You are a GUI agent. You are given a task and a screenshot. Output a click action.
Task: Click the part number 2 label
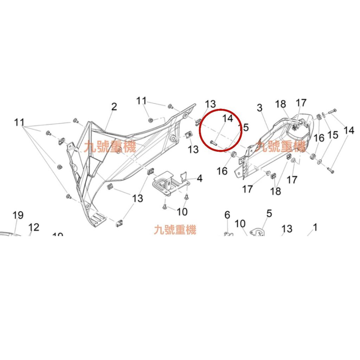click(114, 107)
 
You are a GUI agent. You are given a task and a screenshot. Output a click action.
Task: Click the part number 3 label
click(259, 108)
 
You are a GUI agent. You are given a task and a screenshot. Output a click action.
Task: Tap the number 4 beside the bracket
click(199, 178)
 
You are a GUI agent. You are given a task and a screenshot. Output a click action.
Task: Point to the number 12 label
click(34, 227)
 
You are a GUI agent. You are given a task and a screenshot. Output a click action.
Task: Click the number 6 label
click(227, 215)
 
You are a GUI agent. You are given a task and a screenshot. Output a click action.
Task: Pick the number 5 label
click(269, 213)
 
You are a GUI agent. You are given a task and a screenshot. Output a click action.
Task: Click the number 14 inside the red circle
click(228, 118)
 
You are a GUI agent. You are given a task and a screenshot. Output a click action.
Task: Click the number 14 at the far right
click(349, 130)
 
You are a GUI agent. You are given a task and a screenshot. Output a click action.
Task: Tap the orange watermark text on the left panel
click(110, 146)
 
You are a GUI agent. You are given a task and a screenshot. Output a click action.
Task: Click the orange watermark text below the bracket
click(175, 230)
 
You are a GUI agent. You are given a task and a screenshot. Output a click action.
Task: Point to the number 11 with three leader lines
click(20, 122)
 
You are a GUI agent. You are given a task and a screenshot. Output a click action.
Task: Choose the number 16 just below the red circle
click(222, 171)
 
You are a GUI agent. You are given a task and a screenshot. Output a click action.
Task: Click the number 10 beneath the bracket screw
click(182, 212)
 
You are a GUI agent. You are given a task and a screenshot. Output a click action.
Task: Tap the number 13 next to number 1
click(287, 229)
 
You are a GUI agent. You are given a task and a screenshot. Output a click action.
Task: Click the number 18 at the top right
click(281, 104)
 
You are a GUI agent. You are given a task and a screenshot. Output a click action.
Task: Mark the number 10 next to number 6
click(240, 224)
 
